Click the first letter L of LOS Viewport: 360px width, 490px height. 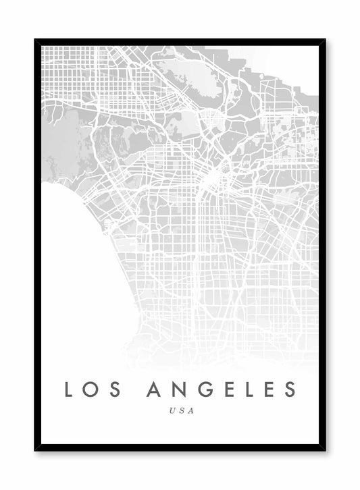[x=69, y=389]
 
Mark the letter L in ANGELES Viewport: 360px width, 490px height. [x=247, y=389]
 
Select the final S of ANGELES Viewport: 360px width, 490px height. [x=290, y=389]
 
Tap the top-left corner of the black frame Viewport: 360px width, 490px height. [x=36, y=40]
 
